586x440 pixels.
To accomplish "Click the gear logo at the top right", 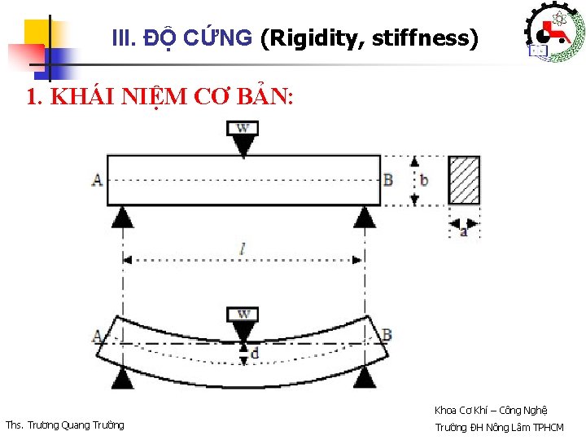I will click(550, 33).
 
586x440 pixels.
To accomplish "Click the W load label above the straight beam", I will click(243, 128).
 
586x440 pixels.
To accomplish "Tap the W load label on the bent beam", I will click(243, 315).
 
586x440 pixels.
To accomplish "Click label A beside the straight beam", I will click(98, 179).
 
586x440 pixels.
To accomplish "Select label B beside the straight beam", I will click(388, 179).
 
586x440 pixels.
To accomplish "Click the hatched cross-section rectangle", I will click(465, 180).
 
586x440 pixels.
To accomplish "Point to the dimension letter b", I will click(424, 180).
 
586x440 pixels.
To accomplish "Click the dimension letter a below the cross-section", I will click(464, 231).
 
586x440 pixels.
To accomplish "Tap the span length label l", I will click(243, 250).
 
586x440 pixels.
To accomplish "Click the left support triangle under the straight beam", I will click(122, 216).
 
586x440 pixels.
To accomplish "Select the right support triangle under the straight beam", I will click(365, 216).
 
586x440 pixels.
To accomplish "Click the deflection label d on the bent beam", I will click(255, 354).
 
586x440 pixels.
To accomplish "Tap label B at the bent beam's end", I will click(387, 335).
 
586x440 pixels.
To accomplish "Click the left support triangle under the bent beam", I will click(122, 376).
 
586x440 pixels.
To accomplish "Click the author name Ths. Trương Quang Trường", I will click(65, 425).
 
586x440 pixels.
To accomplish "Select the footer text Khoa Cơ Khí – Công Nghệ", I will click(491, 410).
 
